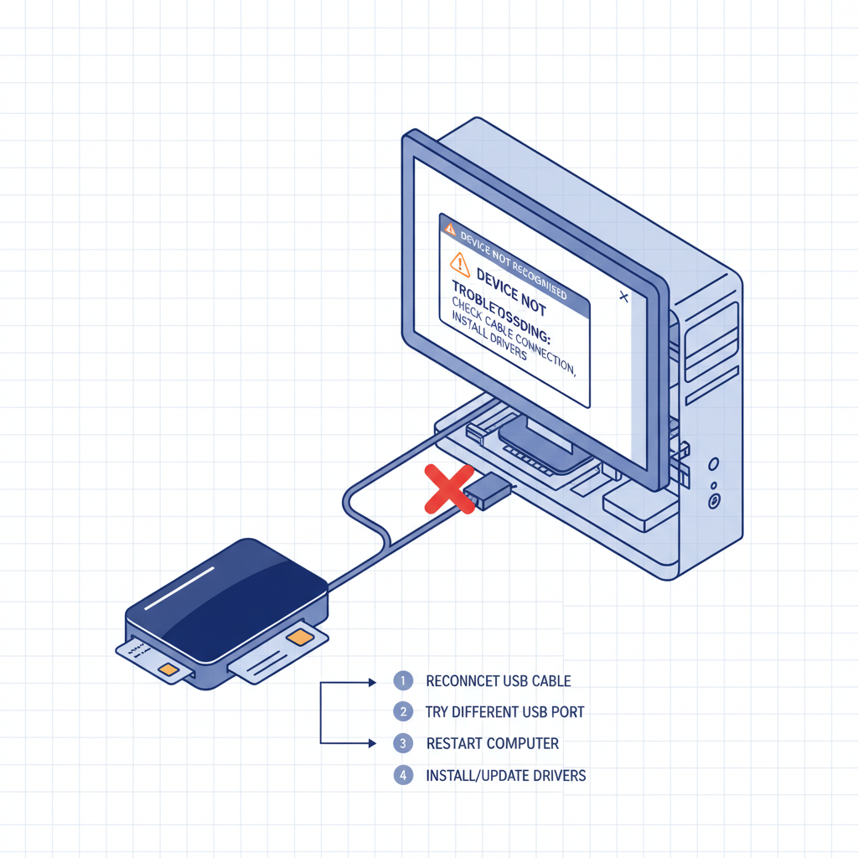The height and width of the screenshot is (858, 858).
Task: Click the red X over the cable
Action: point(449,488)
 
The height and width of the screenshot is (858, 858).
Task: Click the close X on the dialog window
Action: point(623,296)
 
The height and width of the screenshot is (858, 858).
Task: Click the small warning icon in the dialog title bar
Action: point(449,226)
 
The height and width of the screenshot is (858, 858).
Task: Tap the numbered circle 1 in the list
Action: point(403,680)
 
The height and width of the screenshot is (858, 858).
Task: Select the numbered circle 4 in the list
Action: point(403,775)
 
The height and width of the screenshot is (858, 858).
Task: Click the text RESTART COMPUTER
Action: point(492,743)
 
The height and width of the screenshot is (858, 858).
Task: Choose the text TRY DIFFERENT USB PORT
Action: point(504,712)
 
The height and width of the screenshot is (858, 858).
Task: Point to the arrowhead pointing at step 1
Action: point(372,682)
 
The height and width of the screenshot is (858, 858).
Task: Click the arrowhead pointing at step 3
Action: point(372,743)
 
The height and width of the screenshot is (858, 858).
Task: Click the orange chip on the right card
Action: point(297,638)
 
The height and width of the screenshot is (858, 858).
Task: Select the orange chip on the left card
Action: point(168,669)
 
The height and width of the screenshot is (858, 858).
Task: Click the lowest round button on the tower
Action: point(714,501)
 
